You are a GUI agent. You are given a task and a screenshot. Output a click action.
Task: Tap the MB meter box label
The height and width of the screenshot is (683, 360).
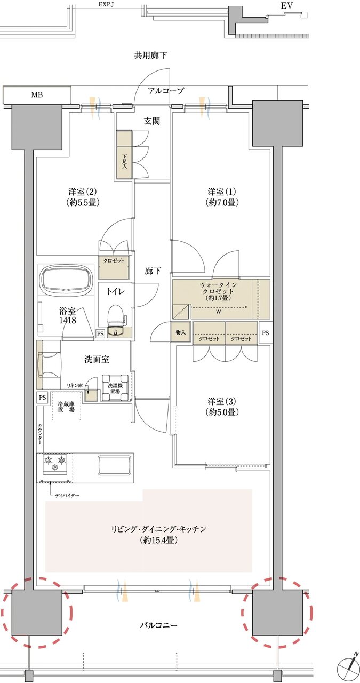[37, 95]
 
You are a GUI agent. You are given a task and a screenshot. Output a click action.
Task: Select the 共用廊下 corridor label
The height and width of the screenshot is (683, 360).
[151, 55]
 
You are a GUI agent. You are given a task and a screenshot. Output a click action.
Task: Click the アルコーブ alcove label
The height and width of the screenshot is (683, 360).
[166, 91]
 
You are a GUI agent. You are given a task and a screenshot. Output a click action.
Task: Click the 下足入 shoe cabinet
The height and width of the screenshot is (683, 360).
[124, 155]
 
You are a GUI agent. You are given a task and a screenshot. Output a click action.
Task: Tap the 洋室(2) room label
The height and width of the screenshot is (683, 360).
[84, 197]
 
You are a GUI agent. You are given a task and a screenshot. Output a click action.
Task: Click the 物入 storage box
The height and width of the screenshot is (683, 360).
[180, 333]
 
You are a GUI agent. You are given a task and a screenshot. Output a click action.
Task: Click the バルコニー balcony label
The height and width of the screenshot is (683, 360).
[158, 625]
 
